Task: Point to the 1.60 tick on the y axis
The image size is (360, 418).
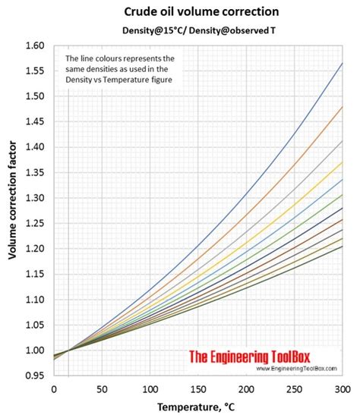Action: click(37, 46)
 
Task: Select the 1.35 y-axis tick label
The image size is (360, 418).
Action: click(37, 172)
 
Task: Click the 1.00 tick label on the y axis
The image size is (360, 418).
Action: click(37, 350)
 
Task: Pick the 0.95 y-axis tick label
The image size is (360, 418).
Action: click(37, 376)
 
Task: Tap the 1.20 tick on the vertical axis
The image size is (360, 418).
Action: click(37, 249)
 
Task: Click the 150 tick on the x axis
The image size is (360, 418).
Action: click(197, 388)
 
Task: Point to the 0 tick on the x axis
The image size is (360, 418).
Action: click(53, 388)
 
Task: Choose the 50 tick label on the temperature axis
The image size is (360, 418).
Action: click(102, 388)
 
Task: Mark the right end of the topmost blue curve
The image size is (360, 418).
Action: click(343, 63)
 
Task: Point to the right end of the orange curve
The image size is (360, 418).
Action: click(343, 107)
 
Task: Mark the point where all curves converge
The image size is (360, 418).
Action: click(68, 350)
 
